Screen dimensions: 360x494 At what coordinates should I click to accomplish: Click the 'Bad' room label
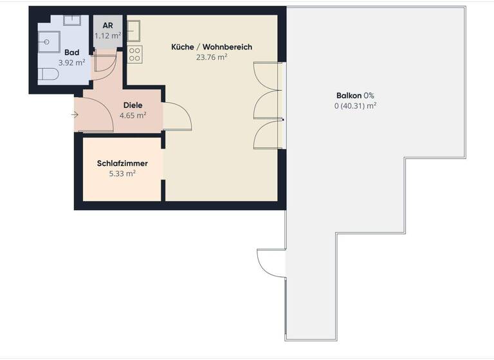pyautogui.click(x=72, y=52)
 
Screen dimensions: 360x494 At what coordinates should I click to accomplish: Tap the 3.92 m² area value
pyautogui.click(x=72, y=62)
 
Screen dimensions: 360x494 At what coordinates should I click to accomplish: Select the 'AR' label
pyautogui.click(x=107, y=26)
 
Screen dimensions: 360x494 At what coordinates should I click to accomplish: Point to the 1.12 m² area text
pyautogui.click(x=107, y=36)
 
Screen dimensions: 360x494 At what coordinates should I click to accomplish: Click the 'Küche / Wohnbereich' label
pyautogui.click(x=212, y=47)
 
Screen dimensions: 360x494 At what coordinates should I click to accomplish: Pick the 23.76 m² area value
pyautogui.click(x=212, y=57)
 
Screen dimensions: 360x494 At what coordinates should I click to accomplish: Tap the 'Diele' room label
pyautogui.click(x=133, y=105)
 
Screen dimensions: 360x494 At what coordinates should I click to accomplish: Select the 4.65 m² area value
pyautogui.click(x=133, y=116)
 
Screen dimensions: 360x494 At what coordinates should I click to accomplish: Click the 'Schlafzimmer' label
pyautogui.click(x=122, y=163)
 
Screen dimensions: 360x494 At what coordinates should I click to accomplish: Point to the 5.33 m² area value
pyautogui.click(x=122, y=174)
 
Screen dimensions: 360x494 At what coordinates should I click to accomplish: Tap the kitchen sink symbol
pyautogui.click(x=134, y=30)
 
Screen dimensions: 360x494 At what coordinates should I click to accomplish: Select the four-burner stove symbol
pyautogui.click(x=134, y=54)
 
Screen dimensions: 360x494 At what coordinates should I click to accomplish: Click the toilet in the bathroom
pyautogui.click(x=48, y=75)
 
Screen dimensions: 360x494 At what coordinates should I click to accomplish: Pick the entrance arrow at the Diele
pyautogui.click(x=75, y=114)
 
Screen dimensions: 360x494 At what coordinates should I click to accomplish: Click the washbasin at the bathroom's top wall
pyautogui.click(x=71, y=20)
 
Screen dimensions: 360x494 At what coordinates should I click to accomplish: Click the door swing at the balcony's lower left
pyautogui.click(x=271, y=262)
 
